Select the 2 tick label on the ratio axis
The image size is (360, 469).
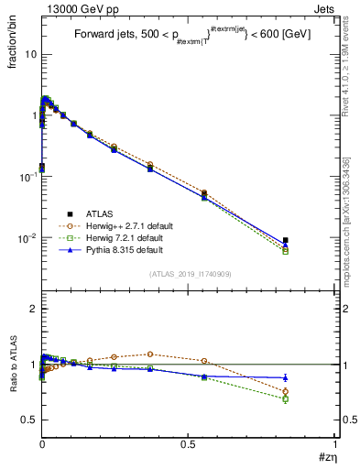(32, 309)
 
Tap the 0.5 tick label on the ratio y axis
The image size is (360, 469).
(27, 420)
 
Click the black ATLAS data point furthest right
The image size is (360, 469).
(285, 241)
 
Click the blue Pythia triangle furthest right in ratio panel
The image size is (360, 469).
(285, 377)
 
